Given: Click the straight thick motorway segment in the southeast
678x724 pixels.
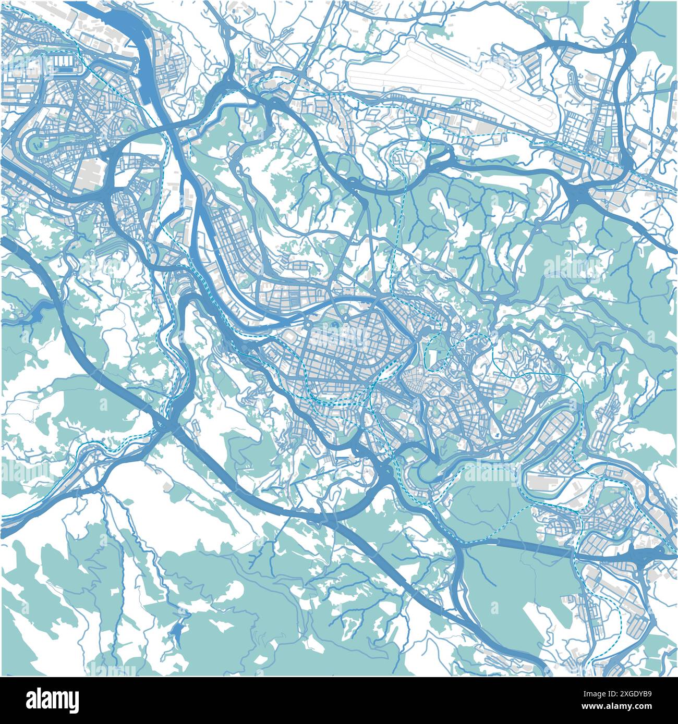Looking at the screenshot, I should pyautogui.click(x=532, y=547).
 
